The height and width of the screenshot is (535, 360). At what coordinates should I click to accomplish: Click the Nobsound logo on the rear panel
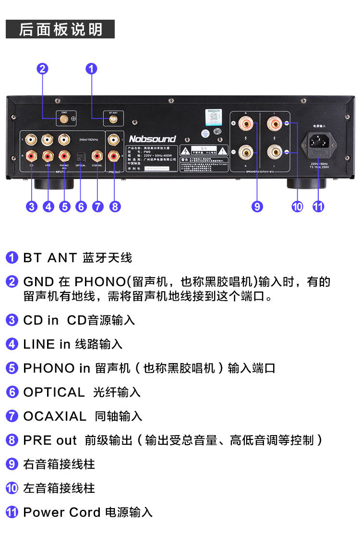(152, 139)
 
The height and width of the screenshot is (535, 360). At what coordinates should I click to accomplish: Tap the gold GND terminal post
(64, 118)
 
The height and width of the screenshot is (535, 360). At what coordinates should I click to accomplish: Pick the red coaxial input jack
(97, 156)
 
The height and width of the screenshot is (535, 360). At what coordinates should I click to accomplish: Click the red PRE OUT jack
(114, 156)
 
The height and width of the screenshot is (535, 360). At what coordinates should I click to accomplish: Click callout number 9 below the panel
(257, 207)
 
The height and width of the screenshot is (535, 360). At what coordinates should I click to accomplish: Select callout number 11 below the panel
(318, 207)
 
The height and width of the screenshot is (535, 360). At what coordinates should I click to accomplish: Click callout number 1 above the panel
(91, 69)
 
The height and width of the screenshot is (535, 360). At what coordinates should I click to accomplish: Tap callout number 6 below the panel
(81, 207)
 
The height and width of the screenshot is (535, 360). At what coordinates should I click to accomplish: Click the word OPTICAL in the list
(54, 392)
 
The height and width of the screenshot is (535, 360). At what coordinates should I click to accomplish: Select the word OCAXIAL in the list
(55, 416)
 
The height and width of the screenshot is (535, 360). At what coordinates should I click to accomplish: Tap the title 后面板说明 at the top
(60, 29)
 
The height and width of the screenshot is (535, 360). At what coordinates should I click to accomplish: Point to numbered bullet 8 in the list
(12, 440)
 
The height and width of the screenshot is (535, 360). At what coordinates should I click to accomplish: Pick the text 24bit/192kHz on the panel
(88, 139)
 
